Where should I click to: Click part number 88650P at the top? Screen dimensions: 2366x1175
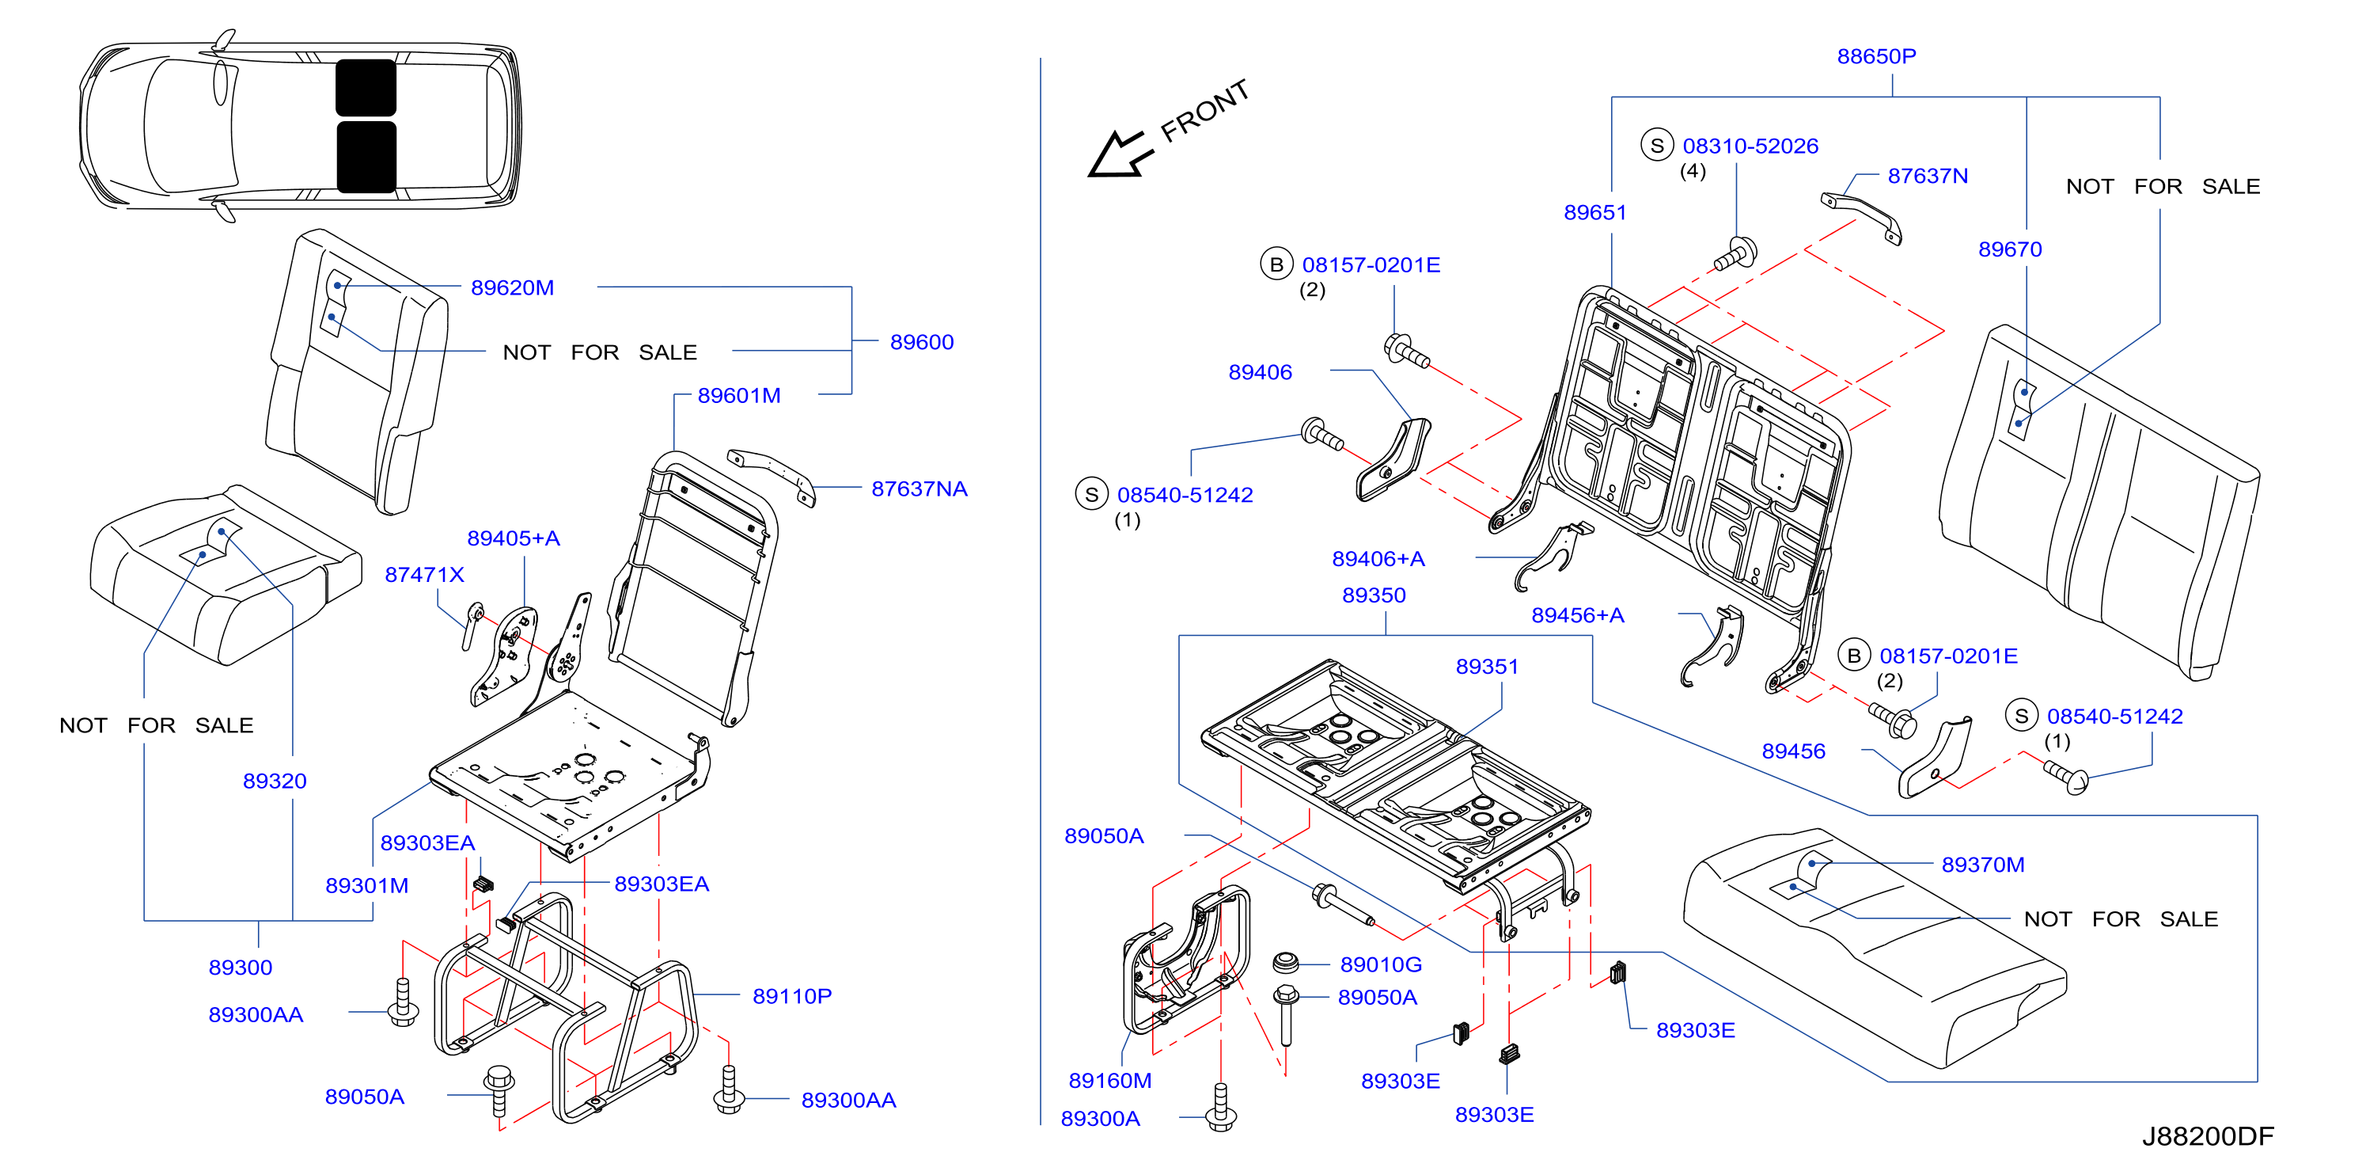(x=1875, y=56)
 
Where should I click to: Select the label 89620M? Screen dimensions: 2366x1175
(x=512, y=287)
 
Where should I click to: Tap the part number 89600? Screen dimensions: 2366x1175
(x=921, y=342)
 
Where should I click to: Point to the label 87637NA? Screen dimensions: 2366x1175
(x=919, y=489)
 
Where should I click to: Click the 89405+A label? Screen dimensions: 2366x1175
(x=513, y=538)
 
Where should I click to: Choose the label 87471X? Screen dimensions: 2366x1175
(x=424, y=575)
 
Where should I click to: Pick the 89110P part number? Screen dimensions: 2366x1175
(x=792, y=996)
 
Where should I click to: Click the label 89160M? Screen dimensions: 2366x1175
(x=1109, y=1080)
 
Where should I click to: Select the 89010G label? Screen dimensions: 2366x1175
(x=1381, y=964)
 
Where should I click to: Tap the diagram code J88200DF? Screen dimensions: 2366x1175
(x=2208, y=1136)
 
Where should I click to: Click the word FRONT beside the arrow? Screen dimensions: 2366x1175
(x=1205, y=111)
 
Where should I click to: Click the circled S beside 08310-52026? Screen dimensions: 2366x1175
(x=1657, y=145)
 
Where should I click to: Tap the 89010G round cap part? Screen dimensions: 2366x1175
(x=1285, y=963)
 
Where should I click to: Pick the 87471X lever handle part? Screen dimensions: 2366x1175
(x=472, y=626)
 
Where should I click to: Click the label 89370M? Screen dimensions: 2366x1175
(x=1982, y=865)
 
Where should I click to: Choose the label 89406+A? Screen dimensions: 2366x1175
(x=1378, y=558)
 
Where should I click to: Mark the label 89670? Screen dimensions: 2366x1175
(x=2010, y=249)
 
